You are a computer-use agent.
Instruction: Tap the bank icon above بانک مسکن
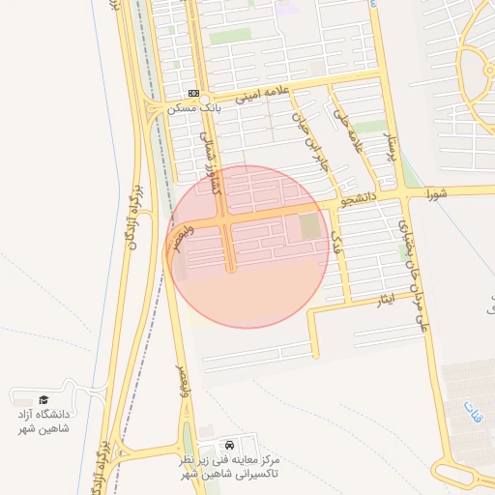[x=194, y=93]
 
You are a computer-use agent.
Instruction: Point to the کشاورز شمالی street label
[x=210, y=162]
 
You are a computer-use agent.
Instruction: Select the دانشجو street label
[x=359, y=201]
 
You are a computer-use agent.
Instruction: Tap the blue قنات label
[x=471, y=415]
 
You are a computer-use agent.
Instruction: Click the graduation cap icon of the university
[x=44, y=399]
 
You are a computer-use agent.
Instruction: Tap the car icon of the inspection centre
[x=228, y=443]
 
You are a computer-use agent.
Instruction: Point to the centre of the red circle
[x=249, y=247]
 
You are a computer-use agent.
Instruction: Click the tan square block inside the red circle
[x=308, y=228]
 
